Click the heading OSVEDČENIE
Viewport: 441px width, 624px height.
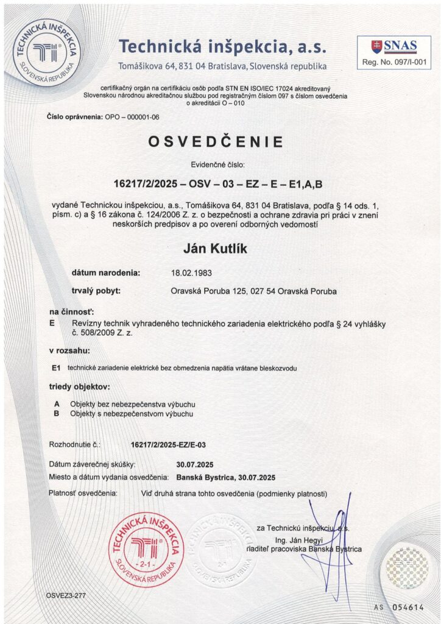click(x=216, y=142)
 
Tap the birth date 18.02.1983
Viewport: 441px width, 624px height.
click(x=192, y=272)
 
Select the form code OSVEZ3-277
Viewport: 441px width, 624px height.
click(x=66, y=595)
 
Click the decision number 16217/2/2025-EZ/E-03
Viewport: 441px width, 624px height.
click(x=169, y=445)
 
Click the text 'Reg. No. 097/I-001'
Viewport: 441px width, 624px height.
click(x=394, y=62)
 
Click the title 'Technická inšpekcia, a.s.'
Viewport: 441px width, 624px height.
click(x=223, y=46)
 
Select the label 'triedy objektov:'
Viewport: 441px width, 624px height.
click(x=79, y=387)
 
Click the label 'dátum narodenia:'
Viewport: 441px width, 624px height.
click(x=106, y=272)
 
